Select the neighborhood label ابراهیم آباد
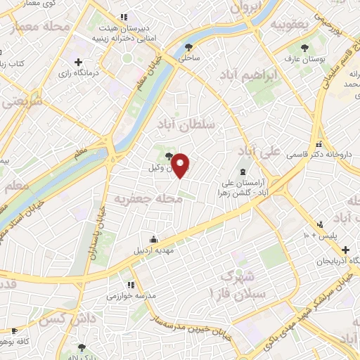[x=246, y=75]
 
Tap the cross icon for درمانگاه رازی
[x=78, y=62]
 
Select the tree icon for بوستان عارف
[x=304, y=48]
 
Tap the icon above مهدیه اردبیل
[x=154, y=238]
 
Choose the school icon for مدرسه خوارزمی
[x=131, y=285]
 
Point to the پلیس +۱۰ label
[x=327, y=233]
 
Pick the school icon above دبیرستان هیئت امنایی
[x=124, y=16]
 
